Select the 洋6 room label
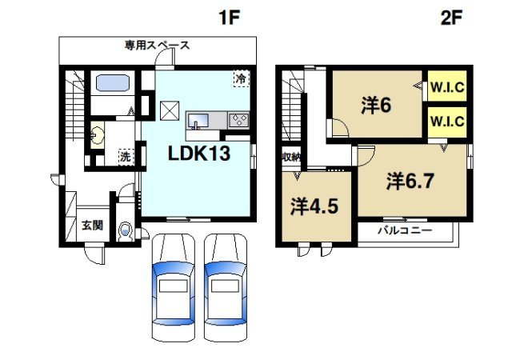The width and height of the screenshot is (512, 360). click(374, 105)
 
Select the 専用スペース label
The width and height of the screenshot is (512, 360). click(157, 46)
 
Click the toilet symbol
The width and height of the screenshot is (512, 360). click(125, 231)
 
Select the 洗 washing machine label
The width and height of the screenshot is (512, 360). click(126, 156)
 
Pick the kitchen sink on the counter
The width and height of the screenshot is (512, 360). click(199, 121)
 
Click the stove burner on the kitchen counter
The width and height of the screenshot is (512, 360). click(238, 121)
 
